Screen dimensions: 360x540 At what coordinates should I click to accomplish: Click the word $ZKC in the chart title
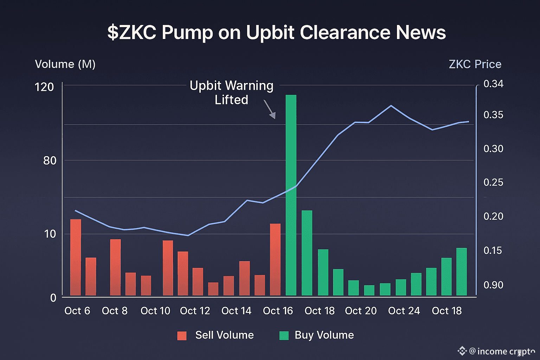pos(132,33)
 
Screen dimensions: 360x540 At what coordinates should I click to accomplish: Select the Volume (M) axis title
pos(65,64)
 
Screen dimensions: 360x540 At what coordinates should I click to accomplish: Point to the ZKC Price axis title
pos(475,64)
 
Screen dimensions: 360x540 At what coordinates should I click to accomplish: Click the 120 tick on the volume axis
pos(44,87)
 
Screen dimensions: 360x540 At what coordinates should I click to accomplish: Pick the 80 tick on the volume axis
pos(50,161)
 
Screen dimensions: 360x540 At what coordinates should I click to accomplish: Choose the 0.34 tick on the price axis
pos(493,84)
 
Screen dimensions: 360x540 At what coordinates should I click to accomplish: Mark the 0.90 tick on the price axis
pos(493,285)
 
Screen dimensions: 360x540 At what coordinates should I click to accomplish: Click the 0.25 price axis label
pos(493,182)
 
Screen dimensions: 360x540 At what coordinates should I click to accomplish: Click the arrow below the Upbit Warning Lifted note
pos(270,109)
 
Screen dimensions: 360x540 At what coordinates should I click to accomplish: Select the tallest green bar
pos(291,195)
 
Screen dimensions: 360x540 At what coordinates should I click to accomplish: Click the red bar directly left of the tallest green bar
pos(275,259)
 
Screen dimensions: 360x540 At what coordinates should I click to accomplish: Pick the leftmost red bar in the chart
pos(76,257)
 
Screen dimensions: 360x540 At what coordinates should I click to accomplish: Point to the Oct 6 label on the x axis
pos(77,311)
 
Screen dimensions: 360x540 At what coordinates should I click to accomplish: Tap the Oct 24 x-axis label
pos(404,311)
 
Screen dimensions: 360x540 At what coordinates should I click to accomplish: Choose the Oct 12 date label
pos(195,311)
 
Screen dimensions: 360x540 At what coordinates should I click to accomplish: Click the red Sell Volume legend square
pos(182,336)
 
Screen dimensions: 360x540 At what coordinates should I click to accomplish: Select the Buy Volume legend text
pos(324,335)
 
